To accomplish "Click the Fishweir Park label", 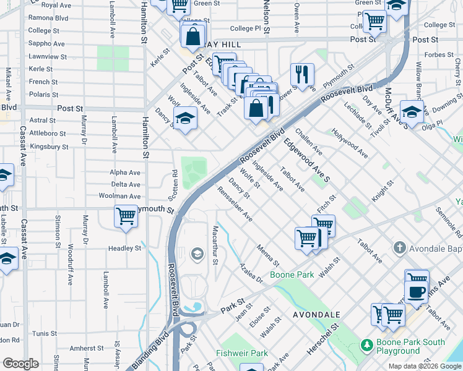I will pos(242,353).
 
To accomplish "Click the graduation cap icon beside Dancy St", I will pos(184,117).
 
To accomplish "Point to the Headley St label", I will pos(125,249).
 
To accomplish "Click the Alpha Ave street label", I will pos(125,173).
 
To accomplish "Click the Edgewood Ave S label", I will pos(308,160).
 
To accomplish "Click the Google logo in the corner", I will pos(20,364).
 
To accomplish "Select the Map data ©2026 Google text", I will pos(425,366).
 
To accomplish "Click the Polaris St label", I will pos(43,95).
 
